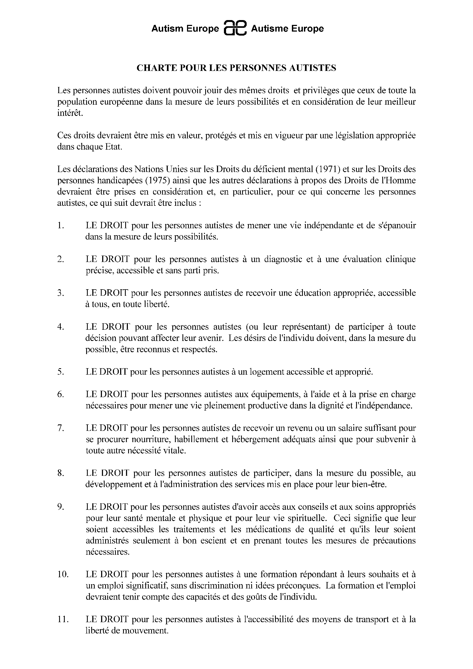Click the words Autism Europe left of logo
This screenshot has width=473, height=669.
[185, 29]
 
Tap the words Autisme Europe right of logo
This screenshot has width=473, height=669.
[287, 29]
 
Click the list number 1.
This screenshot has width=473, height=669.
[60, 226]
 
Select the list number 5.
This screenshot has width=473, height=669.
[60, 372]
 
